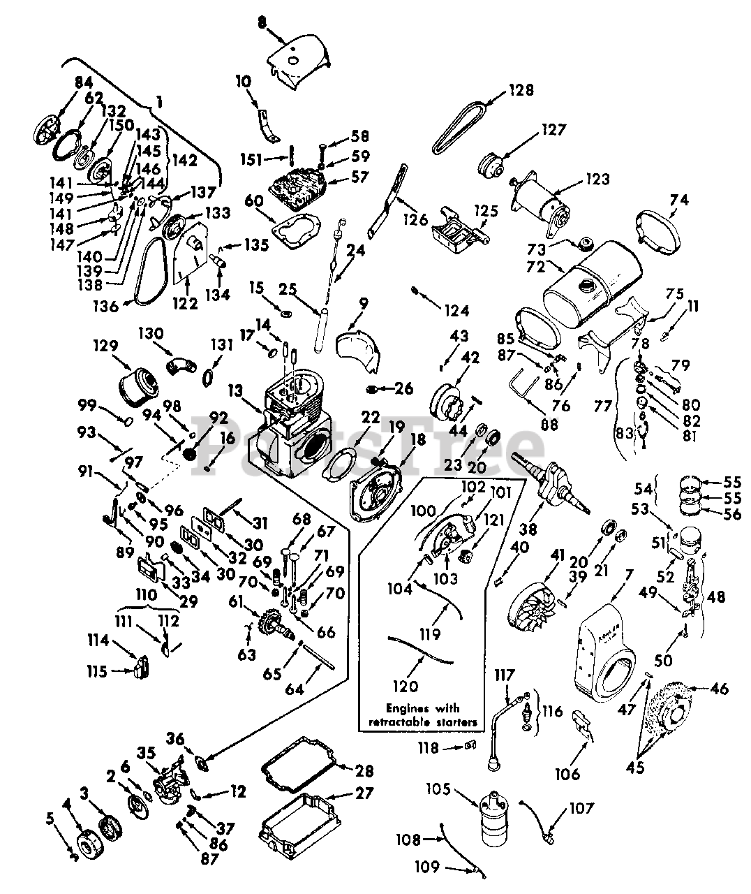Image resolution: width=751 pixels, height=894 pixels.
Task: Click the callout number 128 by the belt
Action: point(521,90)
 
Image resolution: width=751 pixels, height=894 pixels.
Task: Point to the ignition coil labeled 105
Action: point(495,827)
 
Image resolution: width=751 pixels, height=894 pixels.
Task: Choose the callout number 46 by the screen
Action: point(719,690)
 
